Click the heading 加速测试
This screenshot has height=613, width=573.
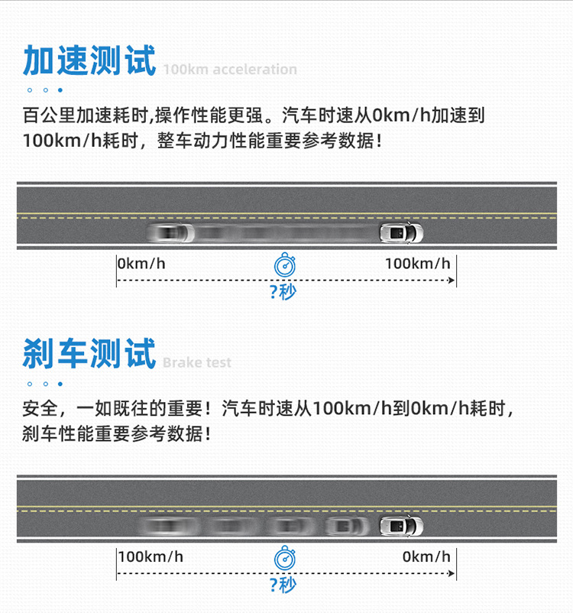click(89, 60)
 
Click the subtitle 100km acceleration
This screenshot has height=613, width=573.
click(229, 70)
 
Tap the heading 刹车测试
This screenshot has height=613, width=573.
click(89, 354)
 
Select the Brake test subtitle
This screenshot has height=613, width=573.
click(196, 363)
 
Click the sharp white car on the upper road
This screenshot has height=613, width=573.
click(401, 232)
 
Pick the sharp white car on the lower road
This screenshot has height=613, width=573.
click(401, 526)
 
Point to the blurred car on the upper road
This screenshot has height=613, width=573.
click(171, 232)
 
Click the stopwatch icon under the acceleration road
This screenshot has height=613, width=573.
click(285, 264)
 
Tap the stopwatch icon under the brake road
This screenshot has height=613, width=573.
click(285, 558)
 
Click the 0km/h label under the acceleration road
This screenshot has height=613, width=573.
click(142, 264)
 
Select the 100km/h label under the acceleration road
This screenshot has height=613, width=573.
click(417, 264)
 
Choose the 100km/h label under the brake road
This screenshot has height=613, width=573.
click(151, 556)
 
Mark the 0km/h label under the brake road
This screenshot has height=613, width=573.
click(426, 556)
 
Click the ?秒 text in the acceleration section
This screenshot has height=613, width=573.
click(283, 292)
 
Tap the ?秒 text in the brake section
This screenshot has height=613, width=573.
click(283, 585)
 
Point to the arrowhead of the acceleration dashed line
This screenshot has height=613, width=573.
click(452, 281)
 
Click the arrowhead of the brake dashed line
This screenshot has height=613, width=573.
click(452, 573)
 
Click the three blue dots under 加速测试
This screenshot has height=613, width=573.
click(45, 90)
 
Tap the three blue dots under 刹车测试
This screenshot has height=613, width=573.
click(45, 384)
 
